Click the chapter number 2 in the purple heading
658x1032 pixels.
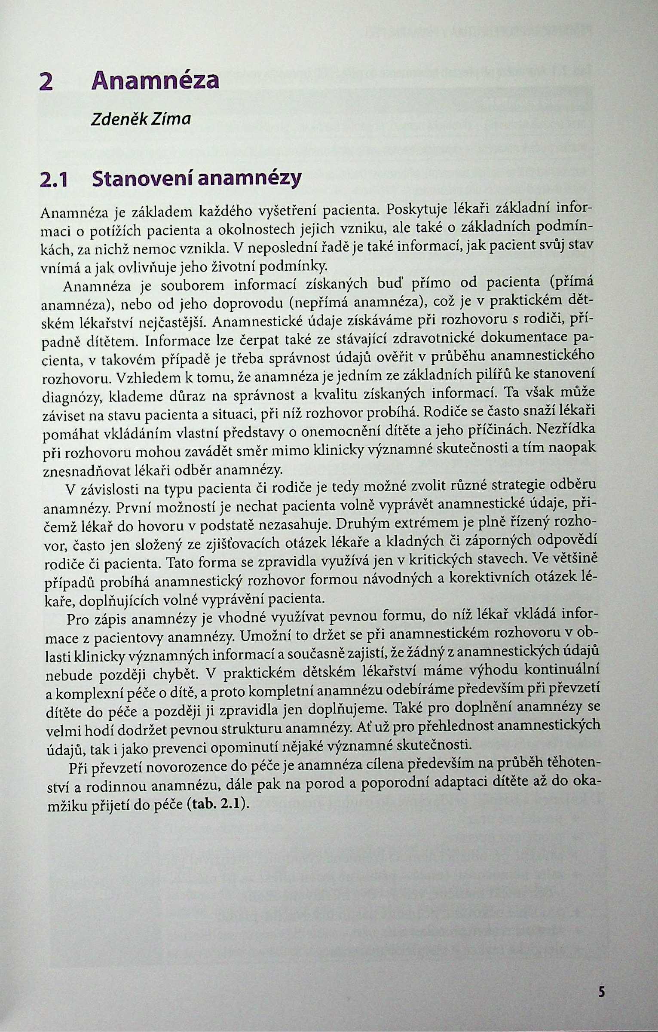point(46,82)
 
